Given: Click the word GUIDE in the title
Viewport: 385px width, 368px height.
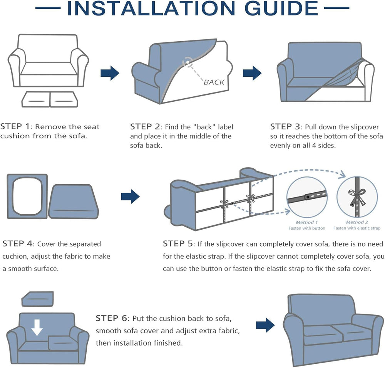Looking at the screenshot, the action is click(281, 8).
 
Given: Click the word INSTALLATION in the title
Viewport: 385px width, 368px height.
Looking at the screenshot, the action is click(151, 8).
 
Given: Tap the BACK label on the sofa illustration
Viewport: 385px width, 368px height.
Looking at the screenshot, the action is click(214, 82).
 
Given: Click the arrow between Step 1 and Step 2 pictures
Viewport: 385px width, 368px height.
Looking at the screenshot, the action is click(110, 73).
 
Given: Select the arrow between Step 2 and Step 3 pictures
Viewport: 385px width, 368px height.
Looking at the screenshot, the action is click(252, 73).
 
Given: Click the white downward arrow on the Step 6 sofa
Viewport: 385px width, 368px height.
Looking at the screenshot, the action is click(37, 328).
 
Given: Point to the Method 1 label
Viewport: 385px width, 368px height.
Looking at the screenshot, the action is click(307, 222).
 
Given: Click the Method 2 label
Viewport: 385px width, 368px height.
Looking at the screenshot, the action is click(357, 222).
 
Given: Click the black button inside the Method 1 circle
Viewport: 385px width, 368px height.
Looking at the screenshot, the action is click(308, 197).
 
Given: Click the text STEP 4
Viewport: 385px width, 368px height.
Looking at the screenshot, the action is click(17, 244).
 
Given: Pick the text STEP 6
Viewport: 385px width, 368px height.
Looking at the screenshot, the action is click(111, 318).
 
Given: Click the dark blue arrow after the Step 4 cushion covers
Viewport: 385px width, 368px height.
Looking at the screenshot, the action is click(130, 197).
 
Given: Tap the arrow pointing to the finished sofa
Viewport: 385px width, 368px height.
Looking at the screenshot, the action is click(265, 325).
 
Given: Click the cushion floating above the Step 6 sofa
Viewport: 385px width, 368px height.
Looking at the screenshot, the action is click(38, 299).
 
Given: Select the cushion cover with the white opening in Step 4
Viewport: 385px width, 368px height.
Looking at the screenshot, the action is click(27, 196).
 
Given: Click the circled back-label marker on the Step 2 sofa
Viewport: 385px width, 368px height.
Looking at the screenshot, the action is click(187, 62).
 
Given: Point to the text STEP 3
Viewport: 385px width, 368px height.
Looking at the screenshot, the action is click(285, 126).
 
